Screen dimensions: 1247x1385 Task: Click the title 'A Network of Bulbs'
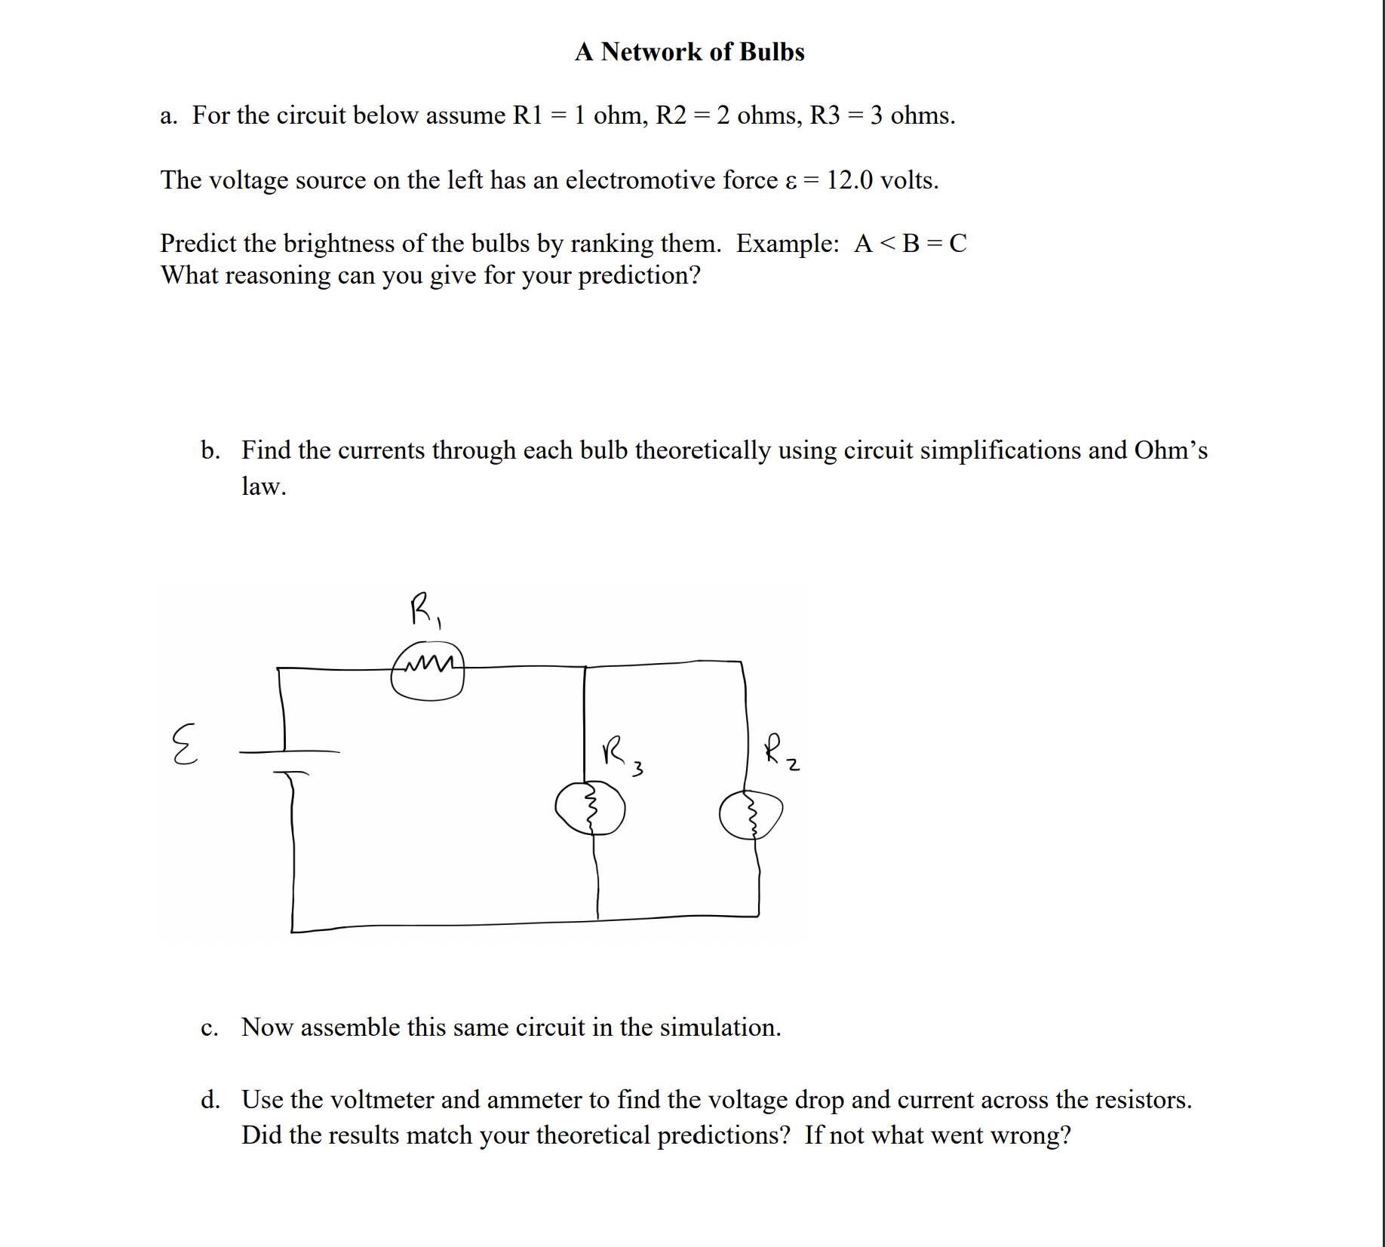point(689,51)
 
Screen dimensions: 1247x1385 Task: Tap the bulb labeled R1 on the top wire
point(427,671)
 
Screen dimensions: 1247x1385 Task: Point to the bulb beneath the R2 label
point(751,815)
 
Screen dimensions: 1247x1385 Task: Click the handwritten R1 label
point(425,610)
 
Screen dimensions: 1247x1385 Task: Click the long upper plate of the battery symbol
point(290,751)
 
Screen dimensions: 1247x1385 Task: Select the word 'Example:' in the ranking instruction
point(788,244)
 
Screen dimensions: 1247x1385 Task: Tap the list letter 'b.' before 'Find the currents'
point(210,450)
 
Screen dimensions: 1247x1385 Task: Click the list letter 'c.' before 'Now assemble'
point(210,1027)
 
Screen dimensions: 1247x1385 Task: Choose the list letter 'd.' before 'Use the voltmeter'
point(210,1100)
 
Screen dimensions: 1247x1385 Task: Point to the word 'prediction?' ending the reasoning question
point(639,276)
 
